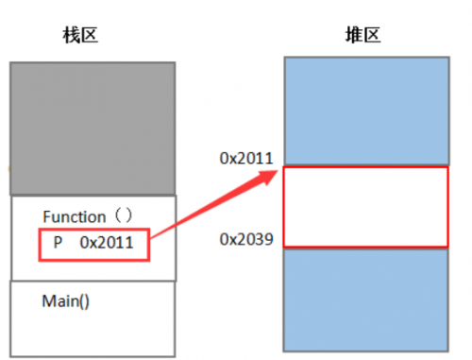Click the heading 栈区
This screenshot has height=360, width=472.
[82, 38]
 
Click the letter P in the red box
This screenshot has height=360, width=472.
[59, 243]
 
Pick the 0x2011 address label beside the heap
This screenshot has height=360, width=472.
[246, 159]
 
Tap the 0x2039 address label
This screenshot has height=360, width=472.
[246, 240]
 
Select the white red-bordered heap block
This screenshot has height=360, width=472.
[365, 207]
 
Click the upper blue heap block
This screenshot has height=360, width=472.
[365, 111]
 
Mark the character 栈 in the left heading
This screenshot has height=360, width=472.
[73, 38]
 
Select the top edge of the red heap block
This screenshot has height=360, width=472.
[365, 167]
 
